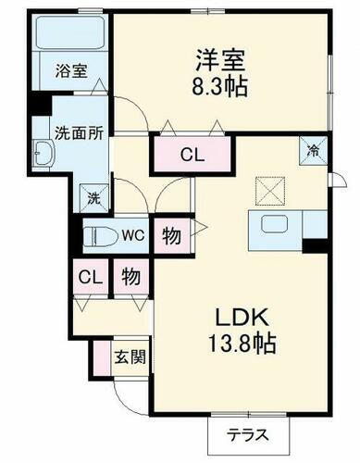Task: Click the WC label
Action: [134, 235]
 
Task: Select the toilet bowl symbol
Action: [99, 236]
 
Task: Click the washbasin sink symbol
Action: [44, 155]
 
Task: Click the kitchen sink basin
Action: [276, 224]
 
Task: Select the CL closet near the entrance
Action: [88, 276]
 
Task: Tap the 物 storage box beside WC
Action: [171, 234]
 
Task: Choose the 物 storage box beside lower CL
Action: [130, 276]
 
